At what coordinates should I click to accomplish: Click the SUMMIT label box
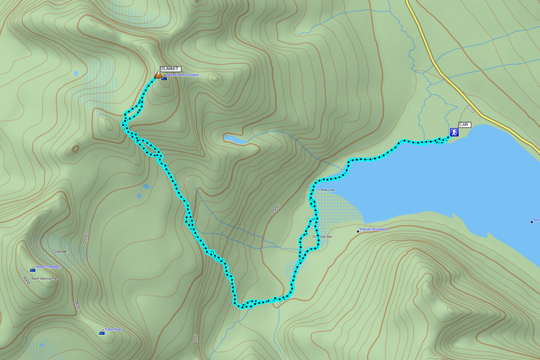pos(170,69)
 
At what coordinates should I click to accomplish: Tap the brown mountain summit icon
pos(158,75)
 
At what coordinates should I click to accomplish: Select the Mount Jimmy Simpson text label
pos(183,76)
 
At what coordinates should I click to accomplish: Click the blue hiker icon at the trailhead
pos(454,132)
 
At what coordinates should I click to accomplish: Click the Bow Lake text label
pos(328,190)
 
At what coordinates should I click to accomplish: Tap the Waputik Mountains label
pos(373,229)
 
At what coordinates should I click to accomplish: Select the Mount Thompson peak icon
pos(32,269)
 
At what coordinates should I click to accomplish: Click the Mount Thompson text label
pos(48,267)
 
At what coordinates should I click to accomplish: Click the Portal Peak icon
pos(101,332)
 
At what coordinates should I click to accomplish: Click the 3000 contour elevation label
pos(26,280)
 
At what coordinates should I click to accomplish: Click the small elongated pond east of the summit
pos(235,139)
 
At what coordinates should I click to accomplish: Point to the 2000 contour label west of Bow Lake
pos(275,209)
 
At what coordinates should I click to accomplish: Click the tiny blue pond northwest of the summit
pos(76,74)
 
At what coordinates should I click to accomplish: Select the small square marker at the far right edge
pos(532,221)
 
